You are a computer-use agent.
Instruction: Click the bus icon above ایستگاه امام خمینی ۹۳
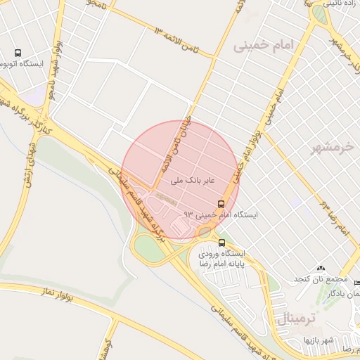coord(221,203)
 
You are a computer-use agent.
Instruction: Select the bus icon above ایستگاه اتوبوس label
coord(18,53)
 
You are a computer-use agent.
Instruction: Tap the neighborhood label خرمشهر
coord(333,148)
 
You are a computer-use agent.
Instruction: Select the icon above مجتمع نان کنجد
coord(321,268)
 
